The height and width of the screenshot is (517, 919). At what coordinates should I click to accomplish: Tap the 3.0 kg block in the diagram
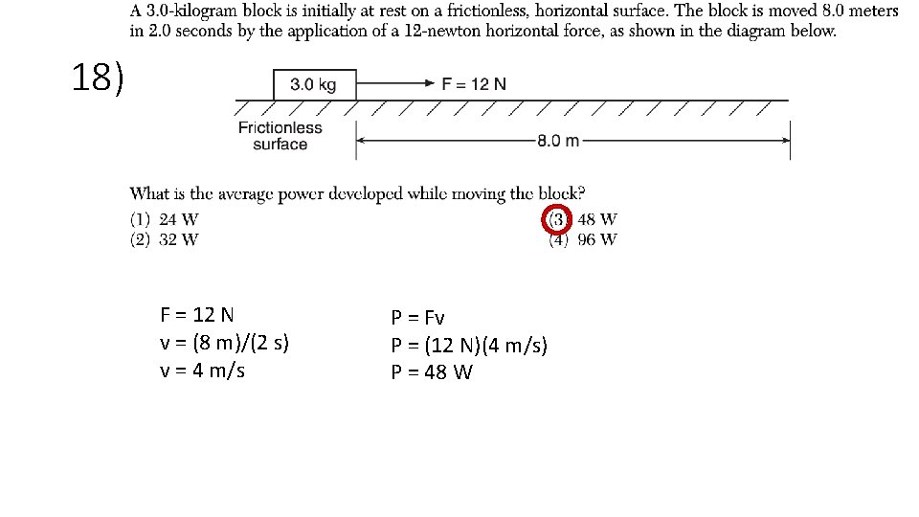(314, 84)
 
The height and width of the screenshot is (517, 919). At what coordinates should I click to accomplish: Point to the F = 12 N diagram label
(474, 83)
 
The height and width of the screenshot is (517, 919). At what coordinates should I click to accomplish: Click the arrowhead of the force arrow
(431, 83)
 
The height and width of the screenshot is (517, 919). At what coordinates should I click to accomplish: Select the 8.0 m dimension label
(558, 141)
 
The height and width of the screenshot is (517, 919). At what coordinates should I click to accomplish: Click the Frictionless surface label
(280, 136)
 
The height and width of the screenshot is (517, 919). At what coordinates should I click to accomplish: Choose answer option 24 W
(179, 220)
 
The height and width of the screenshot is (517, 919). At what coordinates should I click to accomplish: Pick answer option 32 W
(179, 239)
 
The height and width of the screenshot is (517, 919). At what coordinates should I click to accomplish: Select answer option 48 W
(597, 220)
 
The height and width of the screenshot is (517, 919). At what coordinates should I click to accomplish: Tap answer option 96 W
(597, 239)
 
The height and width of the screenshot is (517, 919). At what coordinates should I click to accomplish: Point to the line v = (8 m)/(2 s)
(225, 343)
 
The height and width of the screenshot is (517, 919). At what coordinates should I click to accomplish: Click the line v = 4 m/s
(202, 371)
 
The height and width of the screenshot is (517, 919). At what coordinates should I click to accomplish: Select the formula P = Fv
(417, 317)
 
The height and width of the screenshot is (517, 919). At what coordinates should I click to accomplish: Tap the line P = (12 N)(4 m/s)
(469, 345)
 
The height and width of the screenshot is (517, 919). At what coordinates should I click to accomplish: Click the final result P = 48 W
(431, 372)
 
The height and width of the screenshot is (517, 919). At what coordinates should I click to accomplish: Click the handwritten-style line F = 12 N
(197, 315)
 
